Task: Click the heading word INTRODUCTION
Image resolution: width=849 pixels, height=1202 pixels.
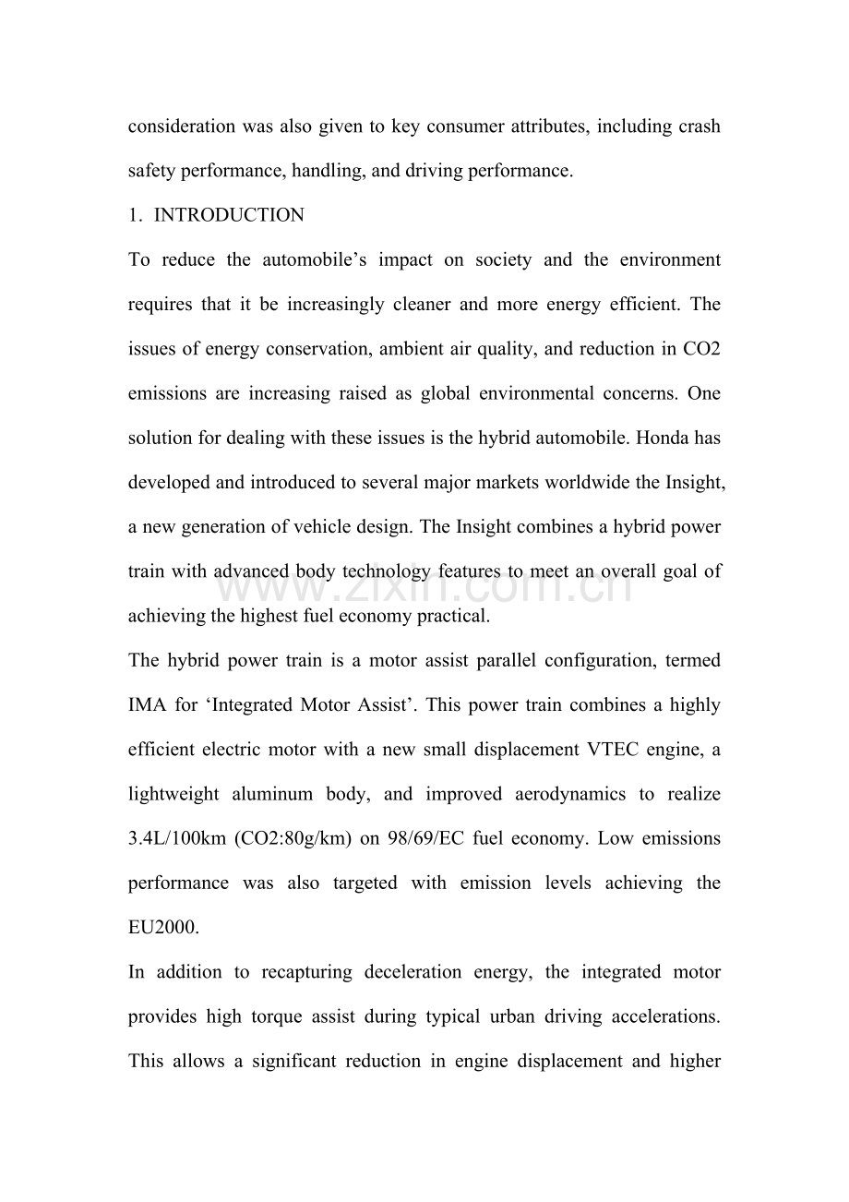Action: click(x=229, y=216)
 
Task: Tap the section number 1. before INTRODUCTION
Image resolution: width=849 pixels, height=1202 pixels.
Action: click(x=135, y=216)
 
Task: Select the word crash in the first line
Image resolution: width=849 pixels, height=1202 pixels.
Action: click(x=698, y=126)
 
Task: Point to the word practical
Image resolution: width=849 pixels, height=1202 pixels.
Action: click(x=450, y=616)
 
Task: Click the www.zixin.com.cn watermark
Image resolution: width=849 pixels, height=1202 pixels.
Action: click(x=424, y=583)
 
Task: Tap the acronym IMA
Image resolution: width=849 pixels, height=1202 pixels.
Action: click(x=147, y=705)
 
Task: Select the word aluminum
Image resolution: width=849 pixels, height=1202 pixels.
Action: click(x=283, y=794)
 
